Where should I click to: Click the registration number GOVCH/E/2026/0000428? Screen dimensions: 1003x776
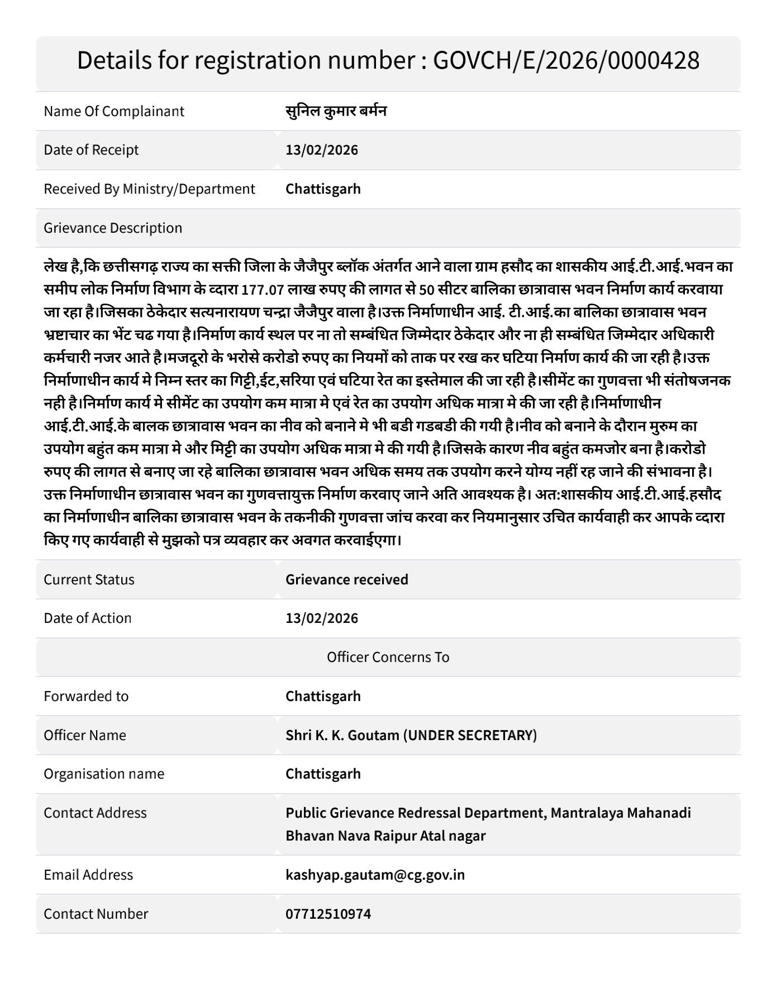pos(566,60)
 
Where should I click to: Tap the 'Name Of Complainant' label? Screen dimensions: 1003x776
pos(114,111)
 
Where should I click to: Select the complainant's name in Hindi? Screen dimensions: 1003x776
pos(336,111)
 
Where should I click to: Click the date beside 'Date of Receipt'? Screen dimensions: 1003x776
pos(322,150)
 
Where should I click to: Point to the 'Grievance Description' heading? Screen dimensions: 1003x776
pos(113,228)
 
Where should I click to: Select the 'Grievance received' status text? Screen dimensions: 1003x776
pos(346,579)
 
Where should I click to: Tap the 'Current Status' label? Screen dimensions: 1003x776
pos(89,579)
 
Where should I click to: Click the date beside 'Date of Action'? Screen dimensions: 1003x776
pos(322,618)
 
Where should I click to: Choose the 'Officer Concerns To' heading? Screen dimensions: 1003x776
pos(388,657)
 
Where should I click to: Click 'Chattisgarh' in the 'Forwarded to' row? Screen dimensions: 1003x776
pos(323,696)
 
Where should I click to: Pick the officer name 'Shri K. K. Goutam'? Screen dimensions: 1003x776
pos(342,735)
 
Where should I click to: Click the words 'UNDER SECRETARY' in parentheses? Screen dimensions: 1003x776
pos(470,735)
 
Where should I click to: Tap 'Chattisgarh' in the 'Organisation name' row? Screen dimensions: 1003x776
pos(323,774)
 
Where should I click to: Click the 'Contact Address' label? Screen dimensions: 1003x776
pos(95,813)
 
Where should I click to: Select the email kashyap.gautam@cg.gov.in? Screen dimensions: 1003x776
pos(375,875)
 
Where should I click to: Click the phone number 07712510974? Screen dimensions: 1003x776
pos(328,914)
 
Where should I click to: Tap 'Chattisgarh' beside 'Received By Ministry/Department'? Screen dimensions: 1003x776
pos(323,189)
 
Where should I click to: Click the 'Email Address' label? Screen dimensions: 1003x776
pos(88,875)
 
